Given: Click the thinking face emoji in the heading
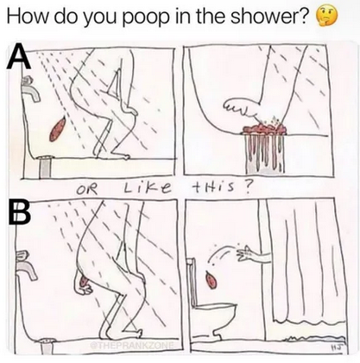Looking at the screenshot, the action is coord(326,17).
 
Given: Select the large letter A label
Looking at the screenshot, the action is coord(18,58).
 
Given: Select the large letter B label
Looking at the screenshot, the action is coord(18,210).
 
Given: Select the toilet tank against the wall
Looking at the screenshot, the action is coord(192,282).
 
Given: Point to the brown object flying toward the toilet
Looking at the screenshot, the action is coord(211,280).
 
